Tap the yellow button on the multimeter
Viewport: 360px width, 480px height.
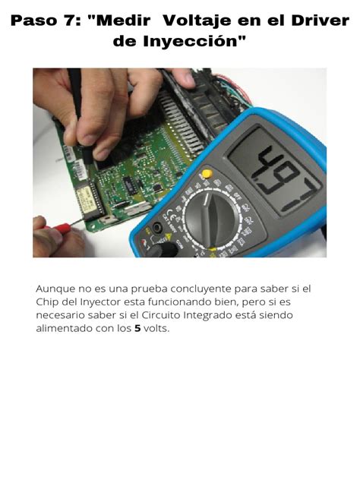[206, 174]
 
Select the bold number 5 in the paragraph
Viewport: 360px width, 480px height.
[138, 329]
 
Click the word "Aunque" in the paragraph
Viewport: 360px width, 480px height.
[55, 289]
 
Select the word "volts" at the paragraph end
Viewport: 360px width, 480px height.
[156, 329]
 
